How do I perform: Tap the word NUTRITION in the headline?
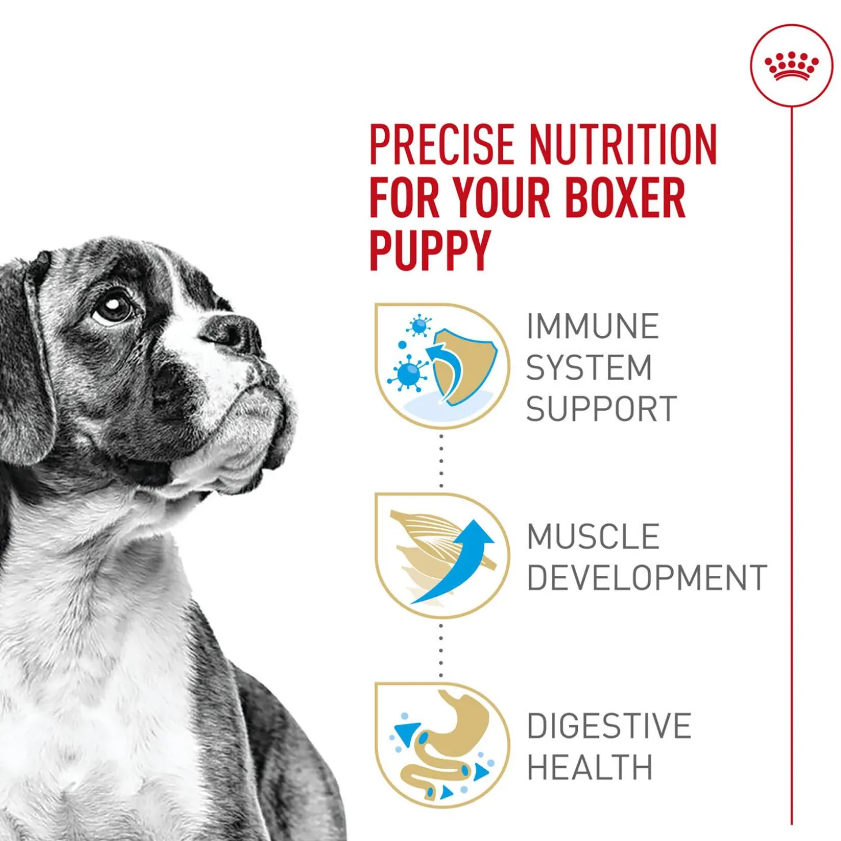click(x=624, y=145)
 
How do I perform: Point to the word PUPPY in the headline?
click(x=429, y=251)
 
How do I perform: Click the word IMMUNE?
click(x=593, y=326)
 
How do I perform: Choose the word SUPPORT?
click(x=601, y=408)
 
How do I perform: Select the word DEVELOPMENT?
click(x=647, y=577)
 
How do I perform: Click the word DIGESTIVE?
click(x=609, y=726)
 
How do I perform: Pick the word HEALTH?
click(x=590, y=767)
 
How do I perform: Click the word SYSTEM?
click(x=589, y=367)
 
